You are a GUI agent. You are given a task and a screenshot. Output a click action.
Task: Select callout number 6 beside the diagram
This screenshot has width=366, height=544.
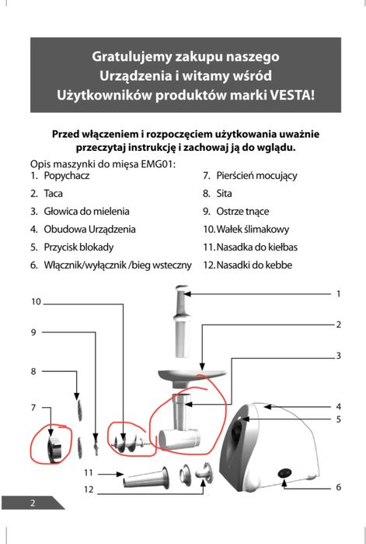coord(339,486)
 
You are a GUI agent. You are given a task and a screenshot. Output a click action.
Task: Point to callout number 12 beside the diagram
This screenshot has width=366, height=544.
coord(89,490)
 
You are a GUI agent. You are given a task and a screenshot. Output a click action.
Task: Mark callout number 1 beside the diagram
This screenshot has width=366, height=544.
coord(339,293)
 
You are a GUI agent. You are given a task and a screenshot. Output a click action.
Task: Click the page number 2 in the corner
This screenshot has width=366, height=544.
coord(33,502)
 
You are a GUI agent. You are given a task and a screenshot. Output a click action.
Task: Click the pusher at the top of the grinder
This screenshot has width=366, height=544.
coord(179,319)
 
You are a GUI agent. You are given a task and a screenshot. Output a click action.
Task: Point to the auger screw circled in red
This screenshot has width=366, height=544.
coord(124,441)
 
